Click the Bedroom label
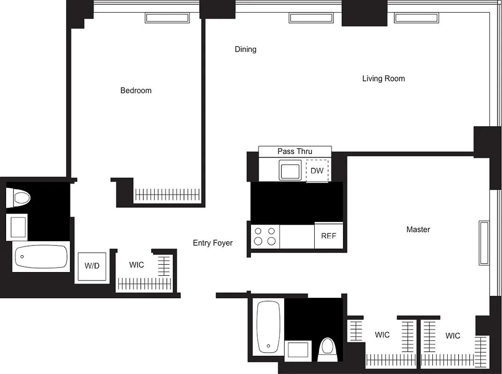(x=136, y=90)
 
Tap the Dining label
(x=245, y=49)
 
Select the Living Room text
(x=383, y=79)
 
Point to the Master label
(x=418, y=230)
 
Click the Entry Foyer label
(x=213, y=243)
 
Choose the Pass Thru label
(x=295, y=151)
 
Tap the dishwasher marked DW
(x=317, y=171)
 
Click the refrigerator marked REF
(x=328, y=236)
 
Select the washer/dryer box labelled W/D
(x=92, y=266)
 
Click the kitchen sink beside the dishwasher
(x=290, y=170)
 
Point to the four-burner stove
(x=265, y=236)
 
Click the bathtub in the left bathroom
(x=41, y=256)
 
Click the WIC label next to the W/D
(x=136, y=265)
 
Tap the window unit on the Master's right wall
(x=483, y=243)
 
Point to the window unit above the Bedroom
(x=168, y=18)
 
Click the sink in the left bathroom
(x=17, y=227)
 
